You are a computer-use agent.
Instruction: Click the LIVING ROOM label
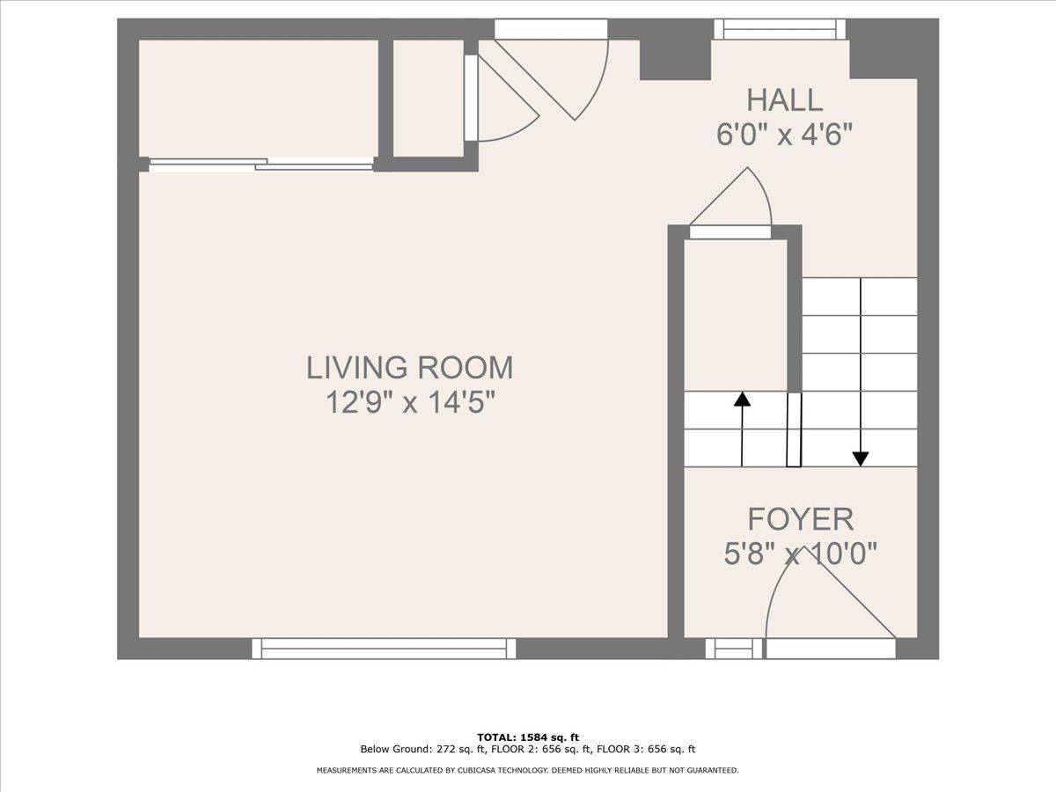click(x=410, y=368)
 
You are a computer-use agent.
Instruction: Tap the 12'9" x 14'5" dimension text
click(x=410, y=402)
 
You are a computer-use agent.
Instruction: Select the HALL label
click(x=785, y=100)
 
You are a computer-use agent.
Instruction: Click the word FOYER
click(x=801, y=519)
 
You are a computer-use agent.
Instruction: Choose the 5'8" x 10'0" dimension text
click(x=801, y=554)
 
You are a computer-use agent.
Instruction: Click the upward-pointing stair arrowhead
click(x=742, y=400)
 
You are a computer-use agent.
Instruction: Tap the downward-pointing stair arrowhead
click(x=860, y=458)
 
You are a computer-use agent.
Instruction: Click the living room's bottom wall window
click(x=384, y=649)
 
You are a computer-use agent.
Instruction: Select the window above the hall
click(x=780, y=29)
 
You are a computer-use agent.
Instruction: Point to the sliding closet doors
click(x=261, y=165)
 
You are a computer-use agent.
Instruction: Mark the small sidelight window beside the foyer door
click(x=734, y=649)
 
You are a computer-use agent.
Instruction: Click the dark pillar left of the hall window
click(x=675, y=60)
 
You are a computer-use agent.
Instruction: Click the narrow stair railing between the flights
click(x=794, y=429)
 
